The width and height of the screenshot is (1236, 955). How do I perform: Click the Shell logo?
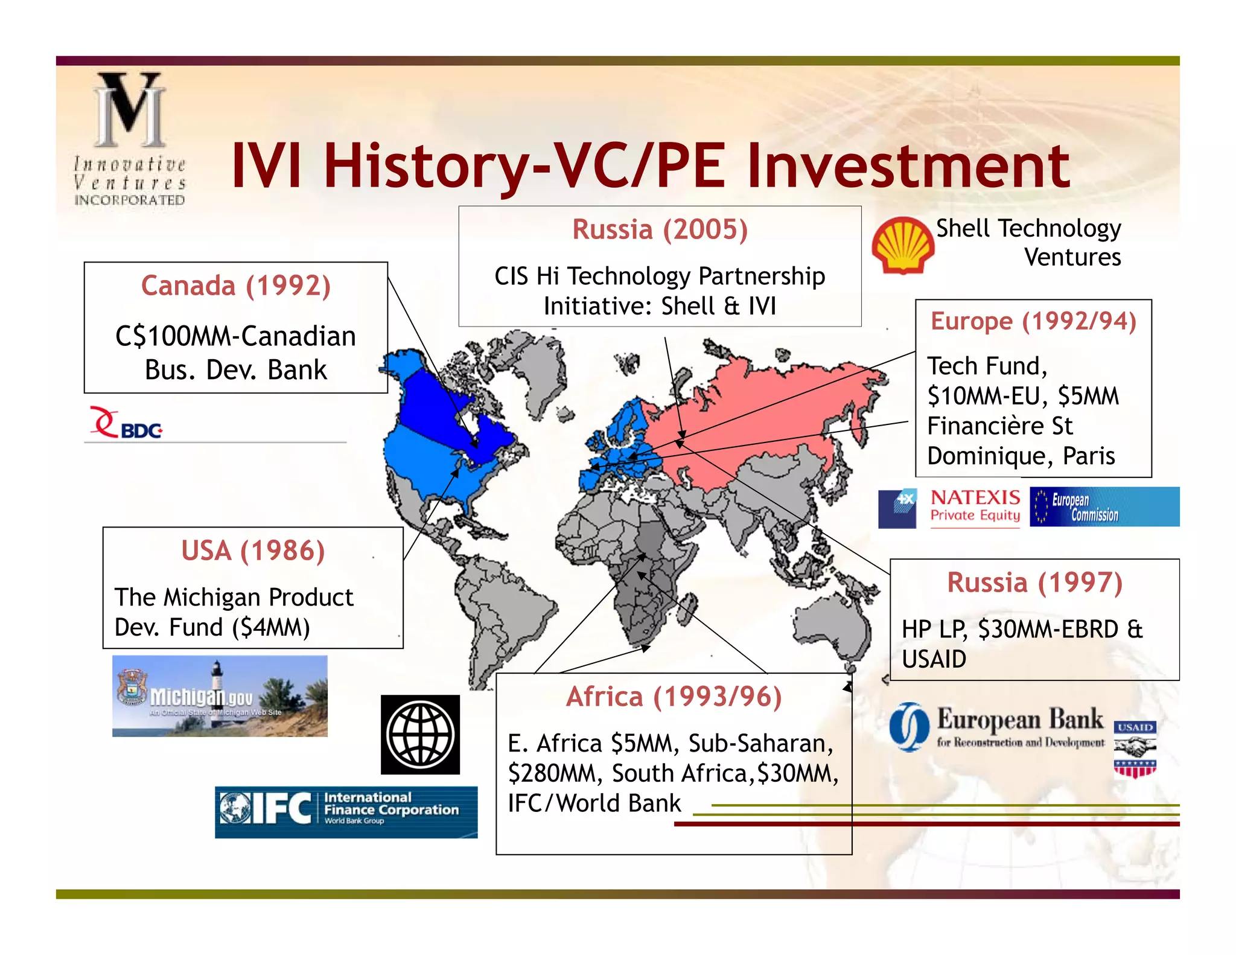pyautogui.click(x=902, y=245)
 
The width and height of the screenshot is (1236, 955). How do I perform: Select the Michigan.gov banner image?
pyautogui.click(x=220, y=696)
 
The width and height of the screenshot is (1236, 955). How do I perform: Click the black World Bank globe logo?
pyautogui.click(x=420, y=735)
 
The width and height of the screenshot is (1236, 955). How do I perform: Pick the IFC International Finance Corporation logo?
pyautogui.click(x=346, y=811)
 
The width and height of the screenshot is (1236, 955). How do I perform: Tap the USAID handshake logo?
pyautogui.click(x=1135, y=750)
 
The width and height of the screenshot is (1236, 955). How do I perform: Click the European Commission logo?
pyautogui.click(x=1104, y=507)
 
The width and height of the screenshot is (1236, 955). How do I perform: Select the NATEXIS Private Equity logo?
pyautogui.click(x=975, y=506)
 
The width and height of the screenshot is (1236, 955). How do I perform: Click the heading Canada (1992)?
pyautogui.click(x=236, y=286)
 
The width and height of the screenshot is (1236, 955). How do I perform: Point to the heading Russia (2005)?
pyautogui.click(x=660, y=229)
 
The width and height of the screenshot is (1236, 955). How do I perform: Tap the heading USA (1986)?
pyautogui.click(x=253, y=551)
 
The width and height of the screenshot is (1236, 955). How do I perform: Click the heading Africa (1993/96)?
pyautogui.click(x=674, y=697)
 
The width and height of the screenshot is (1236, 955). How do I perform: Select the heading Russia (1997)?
pyautogui.click(x=1034, y=583)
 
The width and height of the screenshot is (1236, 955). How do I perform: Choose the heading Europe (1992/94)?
pyautogui.click(x=1033, y=321)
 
